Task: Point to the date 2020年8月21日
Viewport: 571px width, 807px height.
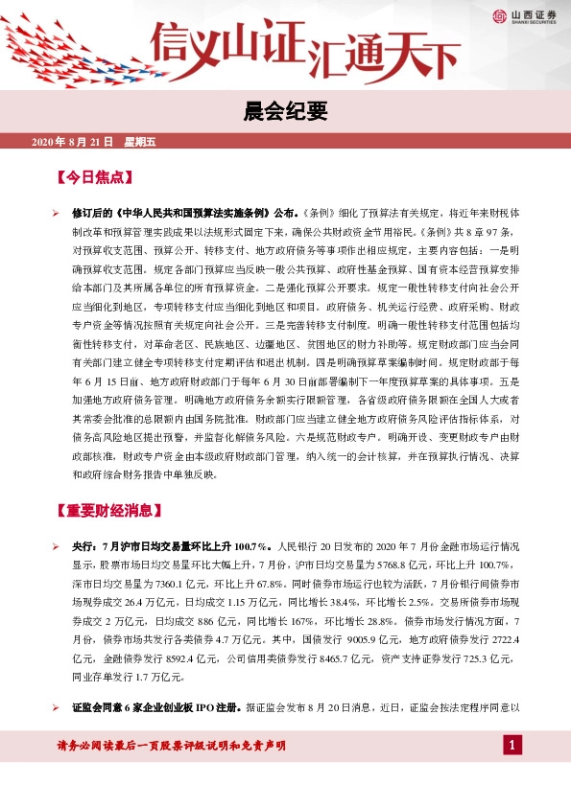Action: (73, 143)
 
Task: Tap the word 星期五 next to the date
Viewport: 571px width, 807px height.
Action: (139, 143)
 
